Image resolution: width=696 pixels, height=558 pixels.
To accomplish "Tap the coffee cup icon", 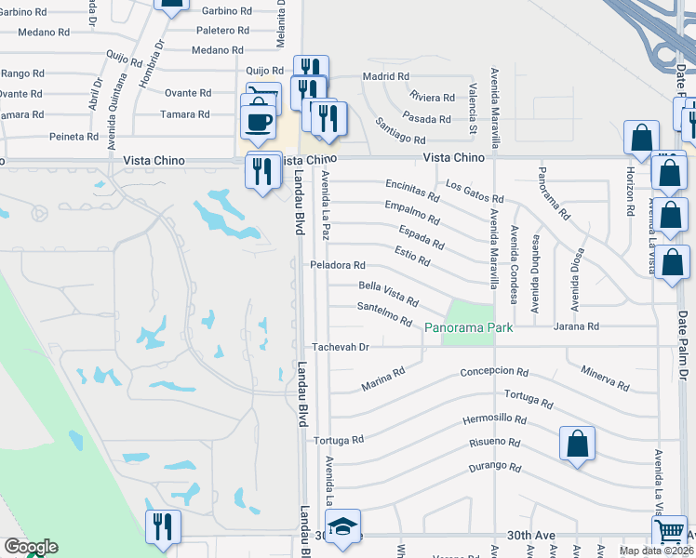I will pyautogui.click(x=258, y=121).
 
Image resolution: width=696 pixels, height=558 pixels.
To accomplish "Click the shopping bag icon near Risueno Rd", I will pyautogui.click(x=577, y=444).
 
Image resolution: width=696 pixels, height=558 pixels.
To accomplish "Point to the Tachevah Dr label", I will pyautogui.click(x=341, y=347).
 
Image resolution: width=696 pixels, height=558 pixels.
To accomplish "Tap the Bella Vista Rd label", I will pyautogui.click(x=388, y=291).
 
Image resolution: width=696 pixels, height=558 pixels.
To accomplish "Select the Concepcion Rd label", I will pyautogui.click(x=501, y=372).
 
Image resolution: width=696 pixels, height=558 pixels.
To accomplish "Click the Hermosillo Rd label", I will pyautogui.click(x=494, y=420).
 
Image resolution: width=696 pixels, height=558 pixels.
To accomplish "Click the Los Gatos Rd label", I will pyautogui.click(x=474, y=192).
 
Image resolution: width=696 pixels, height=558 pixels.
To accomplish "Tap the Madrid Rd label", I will pyautogui.click(x=386, y=76).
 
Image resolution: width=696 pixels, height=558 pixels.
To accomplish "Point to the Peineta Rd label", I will pyautogui.click(x=74, y=137).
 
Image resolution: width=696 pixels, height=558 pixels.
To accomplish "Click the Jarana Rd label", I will pyautogui.click(x=577, y=327).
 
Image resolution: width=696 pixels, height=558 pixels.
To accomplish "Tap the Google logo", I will pyautogui.click(x=30, y=547).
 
